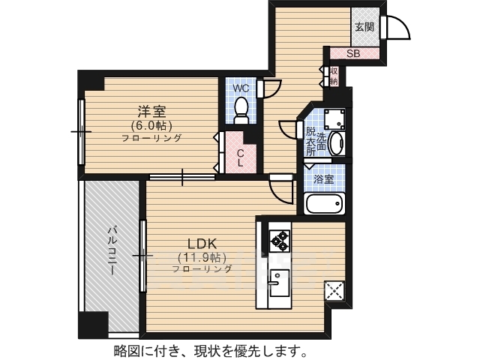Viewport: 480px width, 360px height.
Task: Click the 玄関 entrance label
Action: (x=364, y=26)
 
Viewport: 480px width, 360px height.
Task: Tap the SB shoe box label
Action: (x=353, y=53)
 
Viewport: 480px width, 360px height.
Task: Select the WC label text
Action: (x=241, y=88)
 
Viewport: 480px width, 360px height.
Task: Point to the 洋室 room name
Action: (x=151, y=112)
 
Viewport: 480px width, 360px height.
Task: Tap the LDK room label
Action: (x=201, y=244)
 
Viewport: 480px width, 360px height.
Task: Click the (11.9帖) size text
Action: (x=201, y=257)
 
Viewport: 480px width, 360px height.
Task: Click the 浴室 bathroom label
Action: (x=324, y=180)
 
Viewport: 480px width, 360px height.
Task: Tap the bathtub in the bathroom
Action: (x=324, y=203)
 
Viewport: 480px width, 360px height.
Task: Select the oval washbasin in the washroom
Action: (x=334, y=142)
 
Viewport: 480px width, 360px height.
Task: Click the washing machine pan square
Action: (x=333, y=119)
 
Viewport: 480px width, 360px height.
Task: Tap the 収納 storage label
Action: (x=333, y=76)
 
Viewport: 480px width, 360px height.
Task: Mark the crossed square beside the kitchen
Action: (x=334, y=290)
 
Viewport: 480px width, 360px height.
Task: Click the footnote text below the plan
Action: (x=209, y=350)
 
